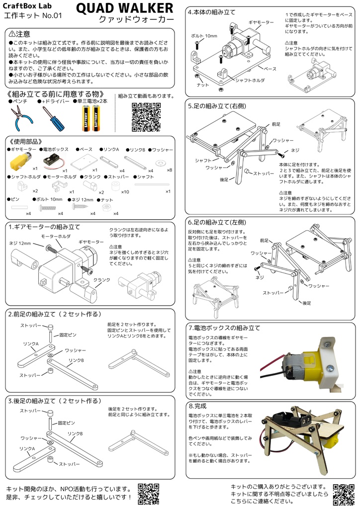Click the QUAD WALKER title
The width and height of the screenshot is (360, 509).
125,8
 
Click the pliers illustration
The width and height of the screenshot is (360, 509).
20,118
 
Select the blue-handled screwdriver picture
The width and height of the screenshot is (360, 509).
52,118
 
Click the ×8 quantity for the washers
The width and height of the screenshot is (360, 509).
170,170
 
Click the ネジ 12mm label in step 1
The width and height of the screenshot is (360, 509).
20,244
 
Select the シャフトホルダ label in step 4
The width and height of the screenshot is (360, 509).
250,80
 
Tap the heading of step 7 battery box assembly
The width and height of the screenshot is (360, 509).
224,328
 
